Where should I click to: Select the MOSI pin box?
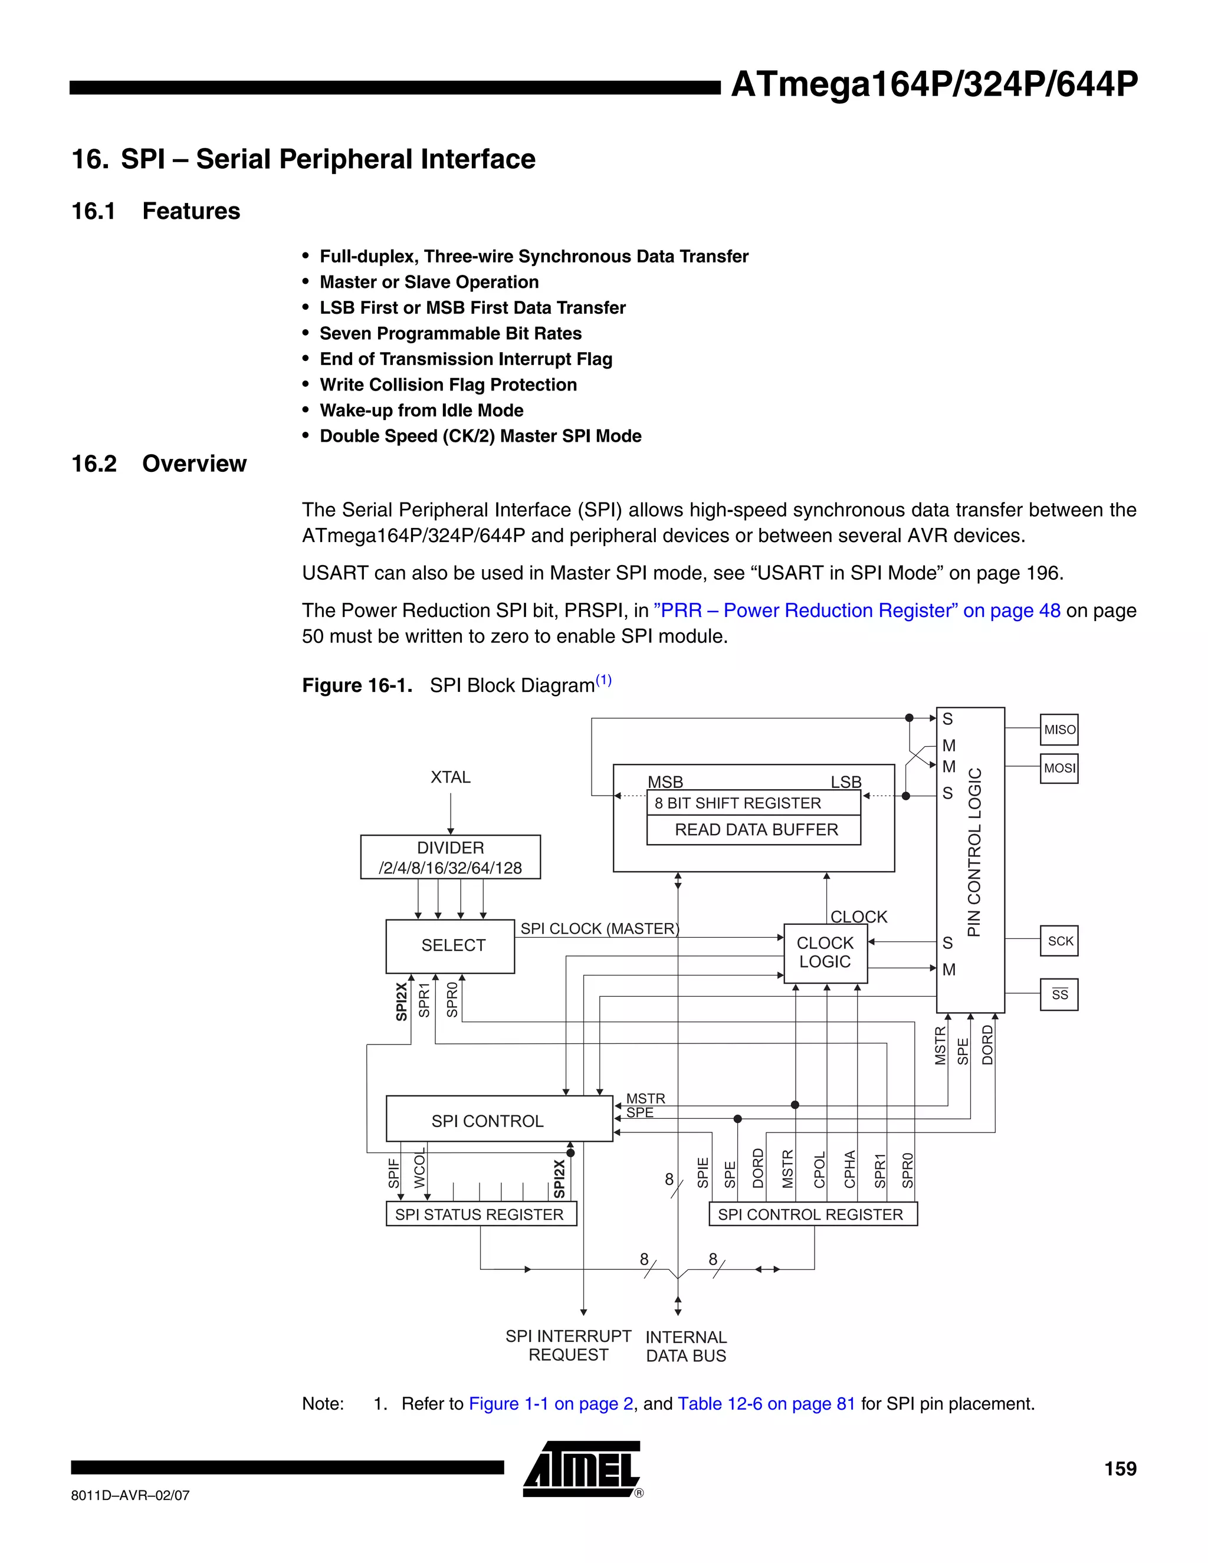pos(1059,768)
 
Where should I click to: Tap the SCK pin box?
pos(1059,941)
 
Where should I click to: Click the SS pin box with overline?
pos(1059,994)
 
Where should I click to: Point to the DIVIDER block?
pos(450,856)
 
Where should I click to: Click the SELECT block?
pos(450,945)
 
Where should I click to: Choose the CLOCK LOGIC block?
pos(825,953)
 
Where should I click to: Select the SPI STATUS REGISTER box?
pos(480,1214)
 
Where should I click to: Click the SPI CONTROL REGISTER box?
pos(812,1214)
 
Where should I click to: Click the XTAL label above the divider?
pos(450,777)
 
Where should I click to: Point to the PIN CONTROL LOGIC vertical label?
pos(974,852)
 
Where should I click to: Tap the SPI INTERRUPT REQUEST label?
pos(568,1345)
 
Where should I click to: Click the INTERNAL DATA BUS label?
pos(685,1346)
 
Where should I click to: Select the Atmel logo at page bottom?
pos(582,1469)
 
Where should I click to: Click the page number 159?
pos(1120,1469)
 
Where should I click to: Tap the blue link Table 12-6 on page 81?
pos(766,1403)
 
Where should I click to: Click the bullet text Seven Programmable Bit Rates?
pos(450,333)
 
